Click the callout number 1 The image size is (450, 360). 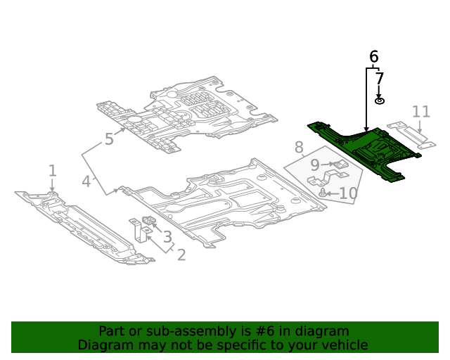(52, 170)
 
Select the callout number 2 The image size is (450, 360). (181, 255)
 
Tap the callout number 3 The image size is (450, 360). (167, 238)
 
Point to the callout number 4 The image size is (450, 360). (86, 181)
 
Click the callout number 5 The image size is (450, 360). (109, 139)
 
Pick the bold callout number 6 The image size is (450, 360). (373, 56)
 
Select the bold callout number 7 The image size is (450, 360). (380, 79)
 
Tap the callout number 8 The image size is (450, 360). (299, 148)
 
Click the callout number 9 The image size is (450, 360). (315, 165)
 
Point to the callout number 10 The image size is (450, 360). (348, 193)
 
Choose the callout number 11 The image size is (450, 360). (420, 111)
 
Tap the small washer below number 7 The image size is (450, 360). (380, 101)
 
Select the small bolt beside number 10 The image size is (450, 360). (323, 192)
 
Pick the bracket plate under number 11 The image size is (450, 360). (411, 135)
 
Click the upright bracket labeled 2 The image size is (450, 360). (138, 231)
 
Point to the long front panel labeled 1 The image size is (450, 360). (84, 225)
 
